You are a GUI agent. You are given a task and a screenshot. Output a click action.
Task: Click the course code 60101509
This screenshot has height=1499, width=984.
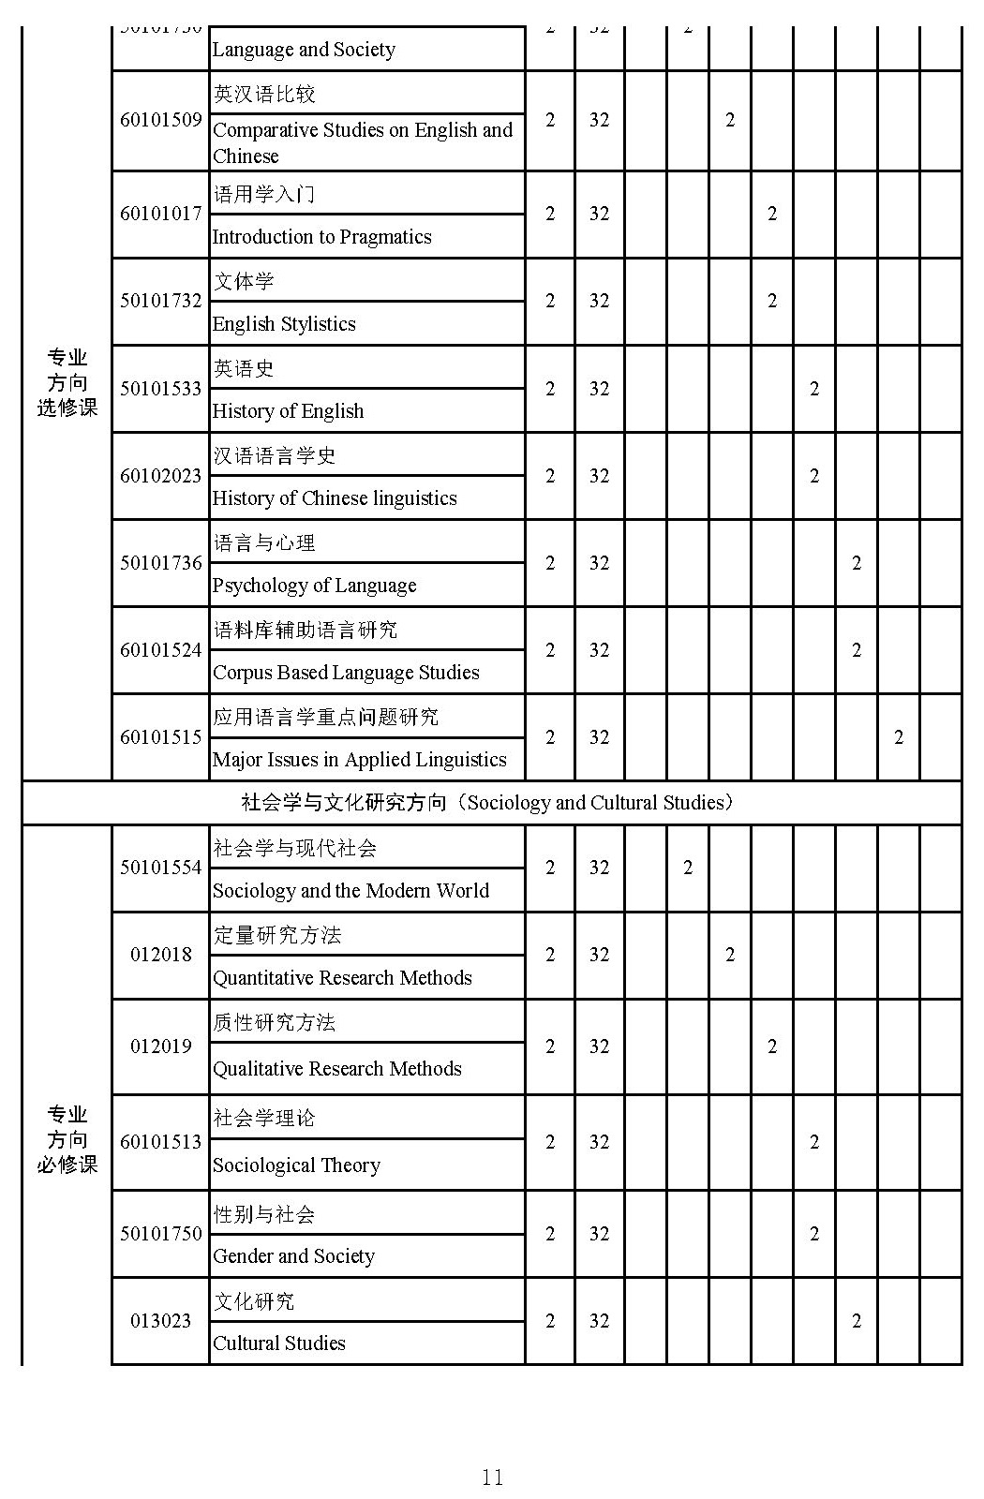click(x=160, y=120)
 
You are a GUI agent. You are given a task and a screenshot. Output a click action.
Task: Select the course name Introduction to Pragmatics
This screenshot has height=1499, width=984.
click(x=321, y=237)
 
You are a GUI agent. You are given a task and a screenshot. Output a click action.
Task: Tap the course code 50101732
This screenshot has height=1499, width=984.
click(x=160, y=301)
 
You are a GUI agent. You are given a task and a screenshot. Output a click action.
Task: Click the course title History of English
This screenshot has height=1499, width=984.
click(x=288, y=411)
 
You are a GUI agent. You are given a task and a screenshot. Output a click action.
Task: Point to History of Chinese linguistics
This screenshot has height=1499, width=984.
click(x=335, y=498)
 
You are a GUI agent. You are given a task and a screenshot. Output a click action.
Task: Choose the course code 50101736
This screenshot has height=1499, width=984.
click(x=160, y=563)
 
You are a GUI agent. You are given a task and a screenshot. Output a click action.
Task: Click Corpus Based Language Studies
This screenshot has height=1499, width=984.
click(x=346, y=673)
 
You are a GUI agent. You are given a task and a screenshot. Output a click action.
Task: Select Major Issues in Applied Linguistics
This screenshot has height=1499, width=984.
click(x=359, y=760)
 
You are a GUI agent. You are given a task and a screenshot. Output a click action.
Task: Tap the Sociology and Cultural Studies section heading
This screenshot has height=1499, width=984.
click(x=487, y=803)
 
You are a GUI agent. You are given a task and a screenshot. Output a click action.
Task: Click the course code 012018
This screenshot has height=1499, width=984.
click(x=160, y=955)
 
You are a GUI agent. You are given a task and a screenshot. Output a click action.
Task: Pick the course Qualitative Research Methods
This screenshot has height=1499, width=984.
click(x=336, y=1069)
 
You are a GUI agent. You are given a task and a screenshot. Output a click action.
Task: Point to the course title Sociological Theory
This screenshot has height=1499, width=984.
click(x=296, y=1165)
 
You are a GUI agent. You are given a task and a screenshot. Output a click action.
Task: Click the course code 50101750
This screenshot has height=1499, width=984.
click(x=160, y=1234)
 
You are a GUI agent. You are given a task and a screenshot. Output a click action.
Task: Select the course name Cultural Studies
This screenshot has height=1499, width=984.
click(x=278, y=1343)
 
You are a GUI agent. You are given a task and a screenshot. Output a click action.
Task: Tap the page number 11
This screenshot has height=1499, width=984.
click(x=492, y=1477)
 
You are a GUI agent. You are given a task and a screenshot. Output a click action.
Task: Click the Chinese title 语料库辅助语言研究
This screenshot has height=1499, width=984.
click(x=305, y=631)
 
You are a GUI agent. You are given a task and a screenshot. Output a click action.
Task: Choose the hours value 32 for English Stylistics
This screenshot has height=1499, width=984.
click(x=599, y=301)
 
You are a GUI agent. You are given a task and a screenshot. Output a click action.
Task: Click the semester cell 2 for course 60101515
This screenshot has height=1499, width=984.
click(x=898, y=737)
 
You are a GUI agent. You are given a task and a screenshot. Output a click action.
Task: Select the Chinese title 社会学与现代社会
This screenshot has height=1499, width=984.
click(x=294, y=849)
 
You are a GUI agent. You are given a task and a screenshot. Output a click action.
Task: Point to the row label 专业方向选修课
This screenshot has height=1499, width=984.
click(x=67, y=382)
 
